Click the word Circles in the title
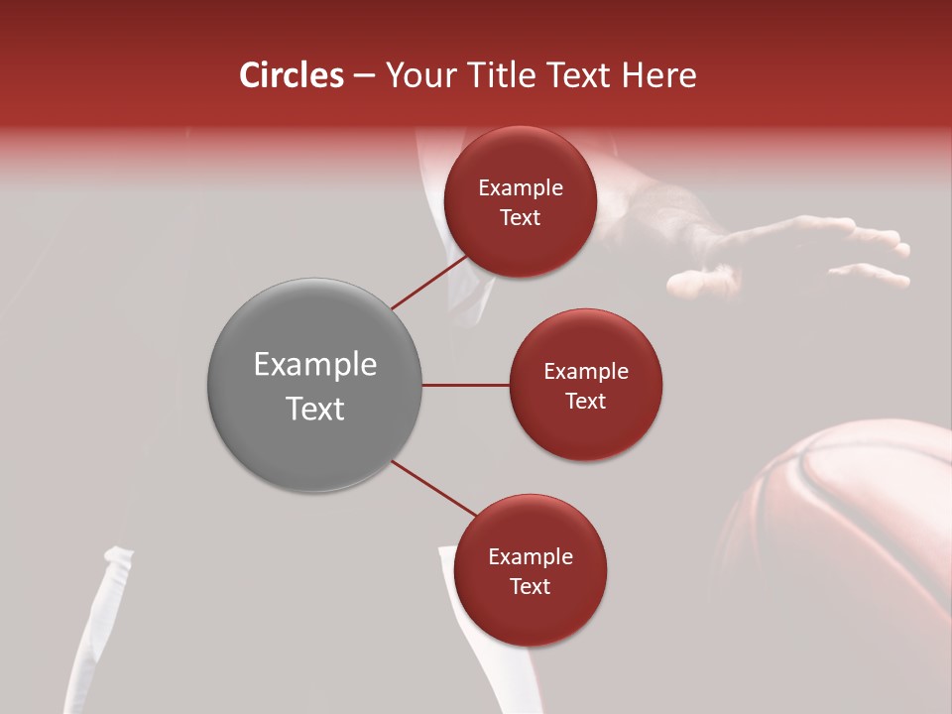coord(292,75)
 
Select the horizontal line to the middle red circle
coord(466,385)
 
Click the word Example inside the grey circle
coord(315,365)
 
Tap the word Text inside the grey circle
coord(315,409)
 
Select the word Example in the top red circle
coord(521,188)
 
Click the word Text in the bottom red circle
coord(530,586)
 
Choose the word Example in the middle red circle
coord(586,372)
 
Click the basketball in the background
coord(843,535)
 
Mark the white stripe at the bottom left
coord(99,635)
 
